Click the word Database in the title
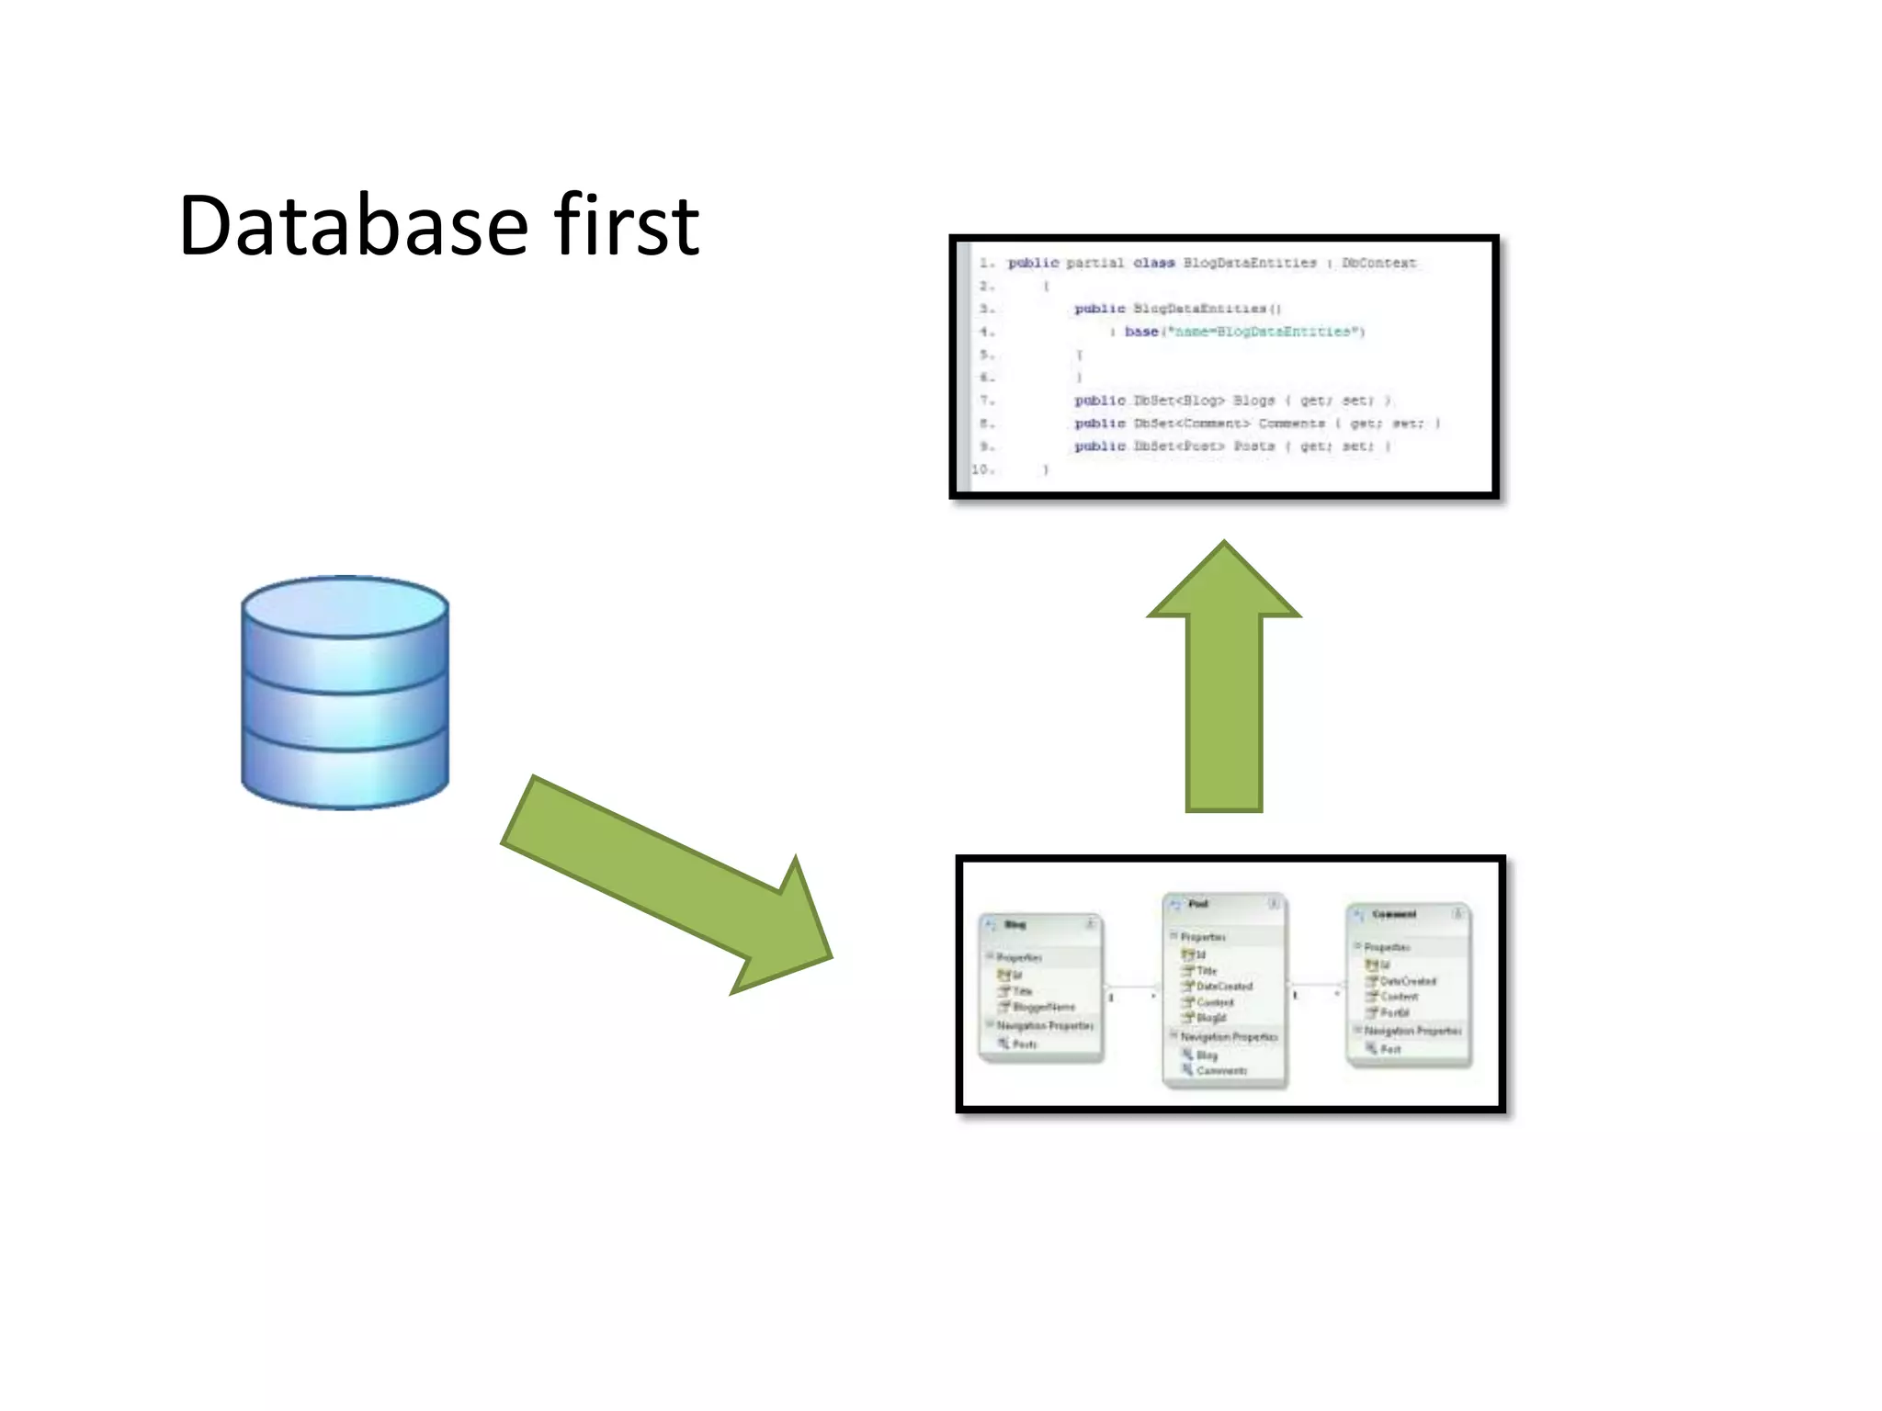pos(354,226)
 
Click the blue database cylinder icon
pos(345,693)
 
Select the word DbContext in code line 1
pos(1378,263)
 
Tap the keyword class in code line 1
pos(1153,263)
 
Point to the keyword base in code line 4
pos(1140,332)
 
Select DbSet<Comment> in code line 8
pos(1191,423)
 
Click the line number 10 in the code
pos(982,469)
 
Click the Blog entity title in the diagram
pos(1015,925)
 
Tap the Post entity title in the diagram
pos(1198,904)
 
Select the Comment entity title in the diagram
pos(1394,915)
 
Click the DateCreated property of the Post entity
pos(1224,987)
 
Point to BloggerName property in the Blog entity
pos(1043,1008)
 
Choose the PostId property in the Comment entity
pos(1394,1012)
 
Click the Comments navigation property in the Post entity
pos(1221,1071)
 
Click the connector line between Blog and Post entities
pos(1132,988)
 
